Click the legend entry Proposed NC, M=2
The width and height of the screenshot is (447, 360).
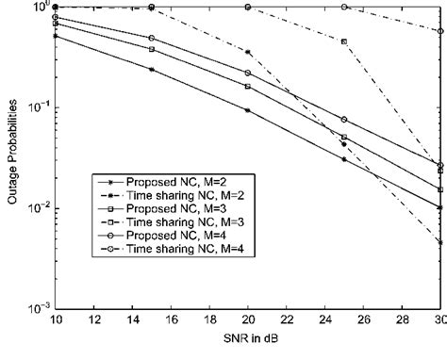pyautogui.click(x=151, y=179)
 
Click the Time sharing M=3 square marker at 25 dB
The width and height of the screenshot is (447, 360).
pyautogui.click(x=344, y=41)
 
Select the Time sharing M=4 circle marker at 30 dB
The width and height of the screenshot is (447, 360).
pyautogui.click(x=440, y=31)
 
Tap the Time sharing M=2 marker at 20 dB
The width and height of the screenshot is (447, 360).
pyautogui.click(x=248, y=52)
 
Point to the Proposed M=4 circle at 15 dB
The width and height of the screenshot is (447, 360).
pyautogui.click(x=152, y=39)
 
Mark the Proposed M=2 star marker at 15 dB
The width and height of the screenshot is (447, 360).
pyautogui.click(x=152, y=70)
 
